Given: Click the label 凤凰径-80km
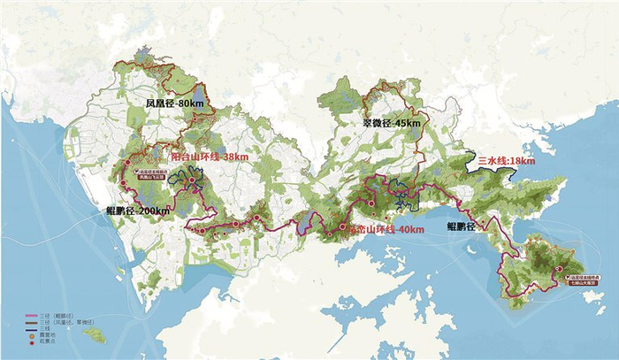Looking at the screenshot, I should [x=176, y=103].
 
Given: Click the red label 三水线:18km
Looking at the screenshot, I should [x=507, y=162].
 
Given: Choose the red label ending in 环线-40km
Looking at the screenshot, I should [x=386, y=230].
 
